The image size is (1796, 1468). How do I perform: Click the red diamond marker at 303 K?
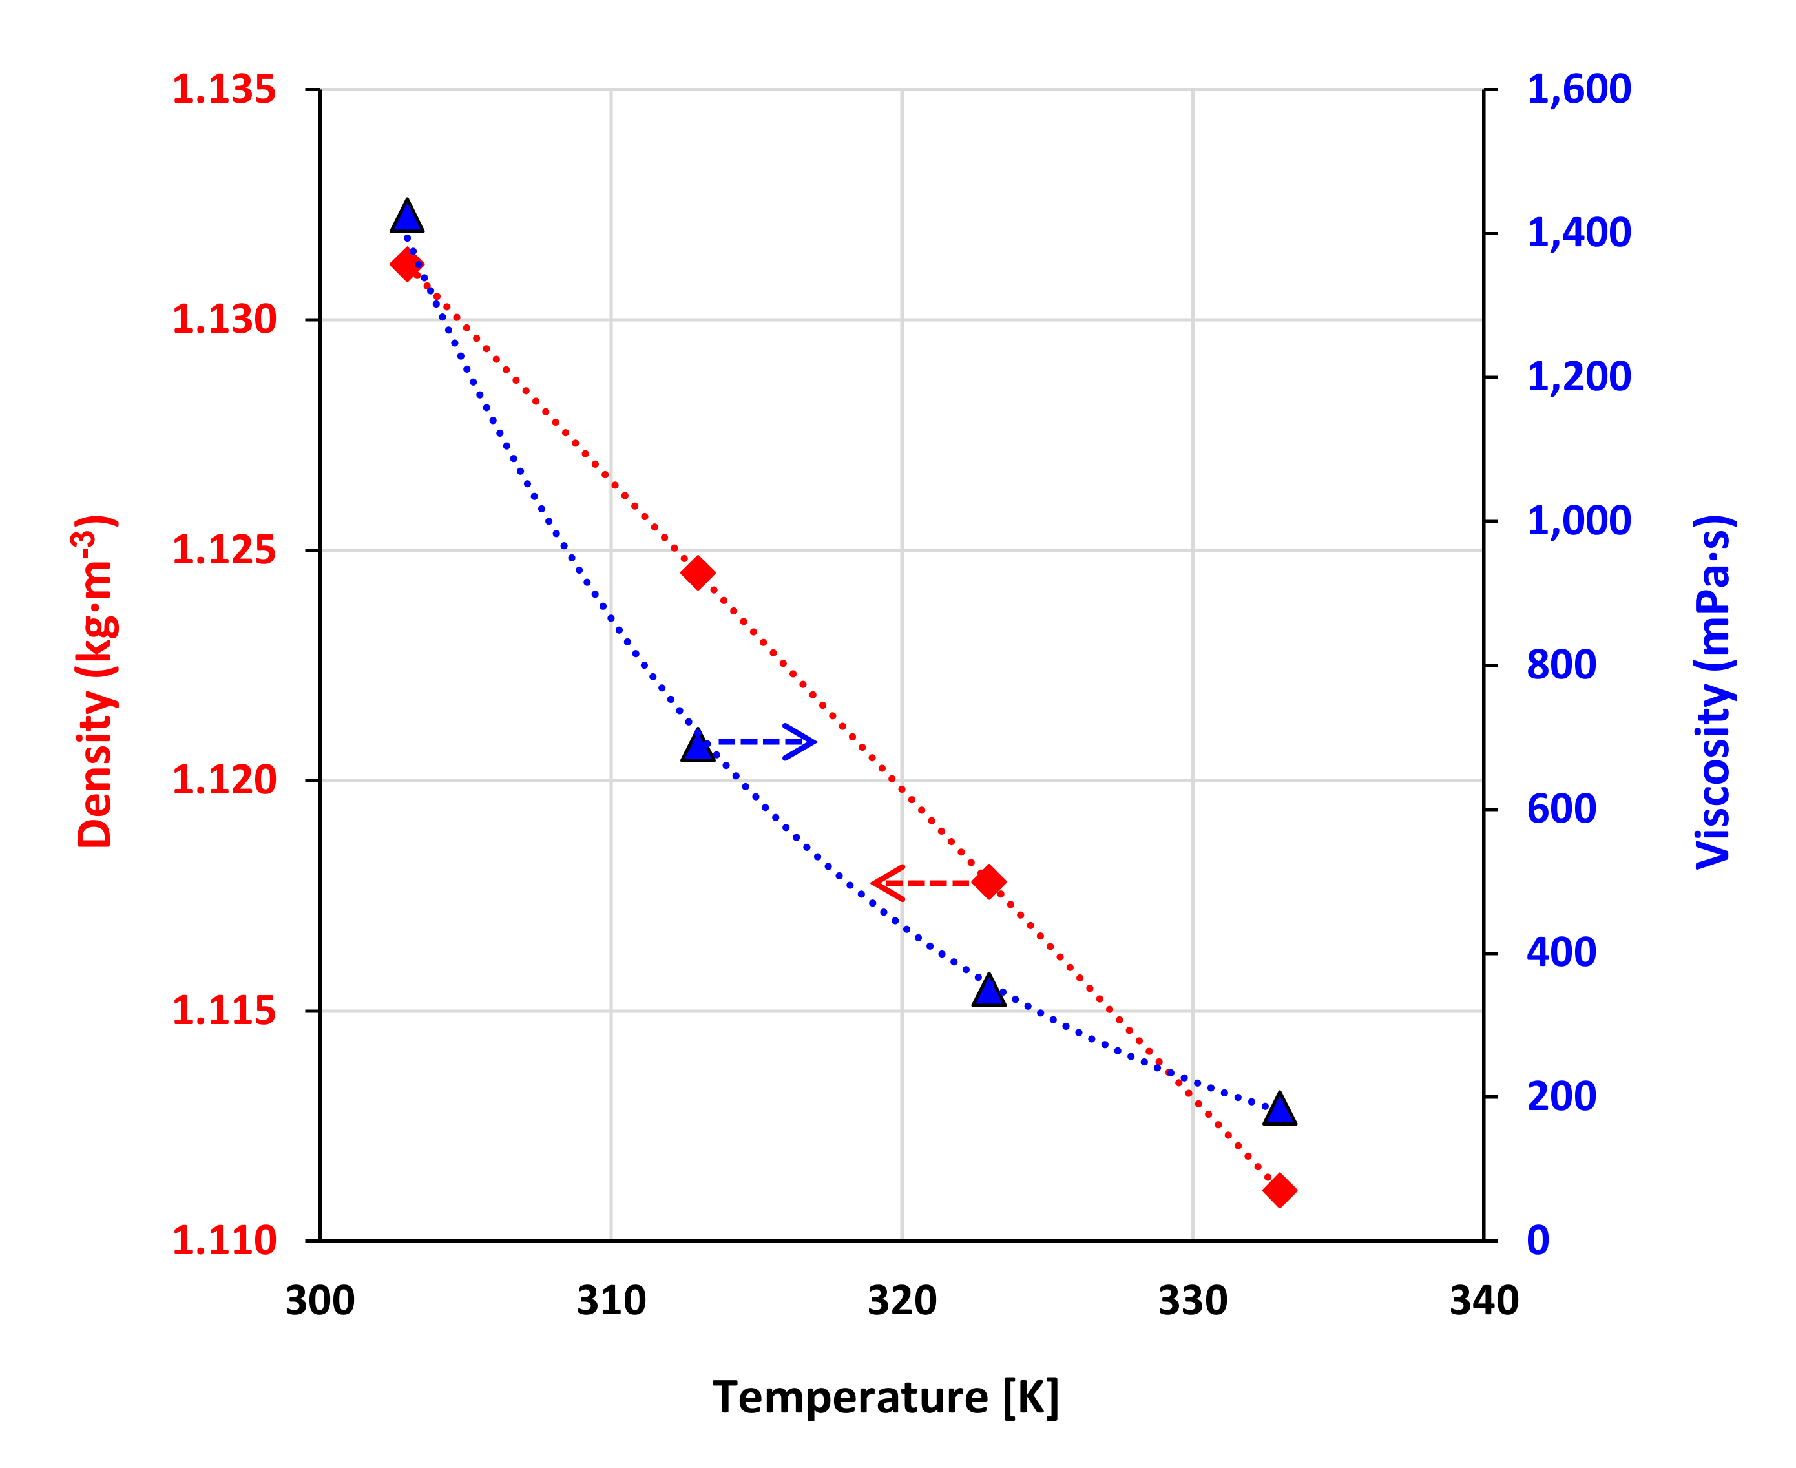click(x=407, y=265)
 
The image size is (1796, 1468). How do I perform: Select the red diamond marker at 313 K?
click(x=698, y=572)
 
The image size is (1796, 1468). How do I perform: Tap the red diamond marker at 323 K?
click(x=988, y=882)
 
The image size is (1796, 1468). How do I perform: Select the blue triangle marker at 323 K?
click(x=988, y=992)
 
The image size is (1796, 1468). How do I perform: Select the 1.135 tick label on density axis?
click(x=224, y=90)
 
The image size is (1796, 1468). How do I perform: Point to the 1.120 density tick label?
click(x=224, y=780)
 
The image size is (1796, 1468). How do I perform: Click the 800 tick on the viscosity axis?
click(x=1561, y=665)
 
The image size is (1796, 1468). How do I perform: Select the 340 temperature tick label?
click(x=1483, y=1301)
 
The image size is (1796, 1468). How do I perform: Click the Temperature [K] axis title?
click(x=885, y=1397)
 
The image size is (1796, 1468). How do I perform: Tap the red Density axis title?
click(x=96, y=682)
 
